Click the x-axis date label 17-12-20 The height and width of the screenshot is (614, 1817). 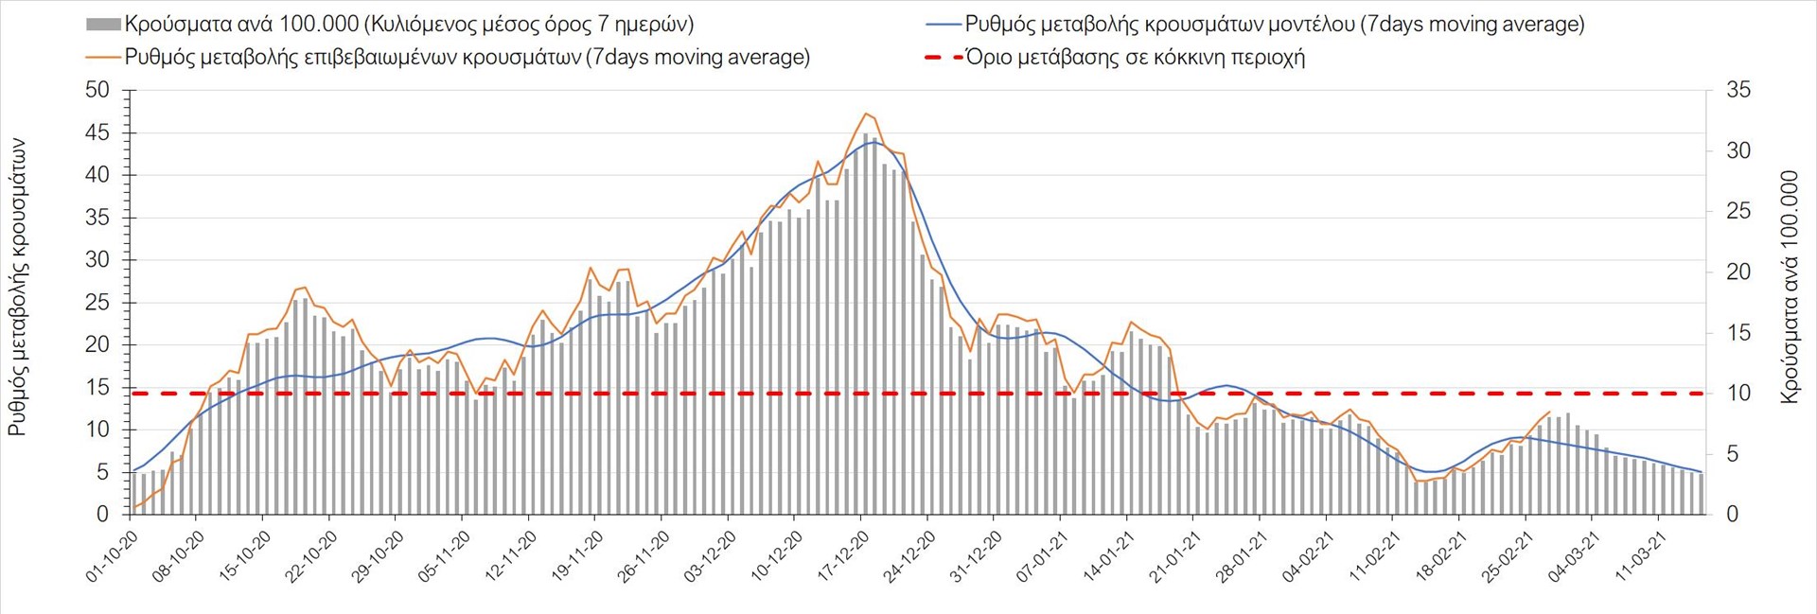click(843, 556)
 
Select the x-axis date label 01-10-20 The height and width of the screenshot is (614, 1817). click(113, 556)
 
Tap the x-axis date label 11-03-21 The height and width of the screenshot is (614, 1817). click(1641, 556)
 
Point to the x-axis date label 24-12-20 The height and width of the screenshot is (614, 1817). click(909, 556)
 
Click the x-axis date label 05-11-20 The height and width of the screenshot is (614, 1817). click(445, 556)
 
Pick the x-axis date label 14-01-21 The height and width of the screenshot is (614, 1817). click(1109, 556)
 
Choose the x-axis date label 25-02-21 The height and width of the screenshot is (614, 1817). click(1508, 556)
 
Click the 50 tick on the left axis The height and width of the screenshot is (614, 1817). click(97, 91)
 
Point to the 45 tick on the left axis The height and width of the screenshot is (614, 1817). click(97, 133)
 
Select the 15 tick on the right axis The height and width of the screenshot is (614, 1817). click(1738, 333)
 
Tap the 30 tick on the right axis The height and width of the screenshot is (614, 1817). click(1738, 151)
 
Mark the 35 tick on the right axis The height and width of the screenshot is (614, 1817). click(1738, 91)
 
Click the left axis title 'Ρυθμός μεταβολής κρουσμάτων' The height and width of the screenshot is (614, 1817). click(17, 288)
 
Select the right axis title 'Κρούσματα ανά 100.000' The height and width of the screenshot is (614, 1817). click(1789, 288)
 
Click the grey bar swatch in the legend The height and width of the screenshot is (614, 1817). click(103, 25)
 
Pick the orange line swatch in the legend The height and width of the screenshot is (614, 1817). click(103, 58)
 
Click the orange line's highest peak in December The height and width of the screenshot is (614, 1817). click(865, 114)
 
